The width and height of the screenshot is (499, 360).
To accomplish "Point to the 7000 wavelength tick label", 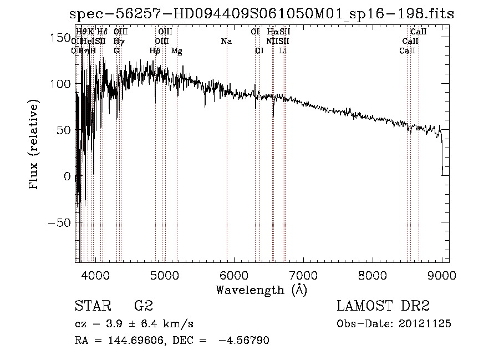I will tap(303, 275).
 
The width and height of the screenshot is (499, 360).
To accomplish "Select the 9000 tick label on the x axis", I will tap(442, 275).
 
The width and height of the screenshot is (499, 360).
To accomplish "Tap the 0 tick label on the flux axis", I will tap(67, 176).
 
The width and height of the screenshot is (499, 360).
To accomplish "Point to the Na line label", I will tap(226, 41).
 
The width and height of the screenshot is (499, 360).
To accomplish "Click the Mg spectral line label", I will tap(176, 51).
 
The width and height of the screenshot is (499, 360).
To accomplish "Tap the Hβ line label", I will tap(155, 51).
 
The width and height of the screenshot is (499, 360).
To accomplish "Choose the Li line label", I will tap(283, 51).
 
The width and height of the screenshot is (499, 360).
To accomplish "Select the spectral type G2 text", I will tap(143, 306).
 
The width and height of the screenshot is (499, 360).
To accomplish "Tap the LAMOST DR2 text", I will tap(383, 306).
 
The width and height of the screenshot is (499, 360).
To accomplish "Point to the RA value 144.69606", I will tap(131, 341).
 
